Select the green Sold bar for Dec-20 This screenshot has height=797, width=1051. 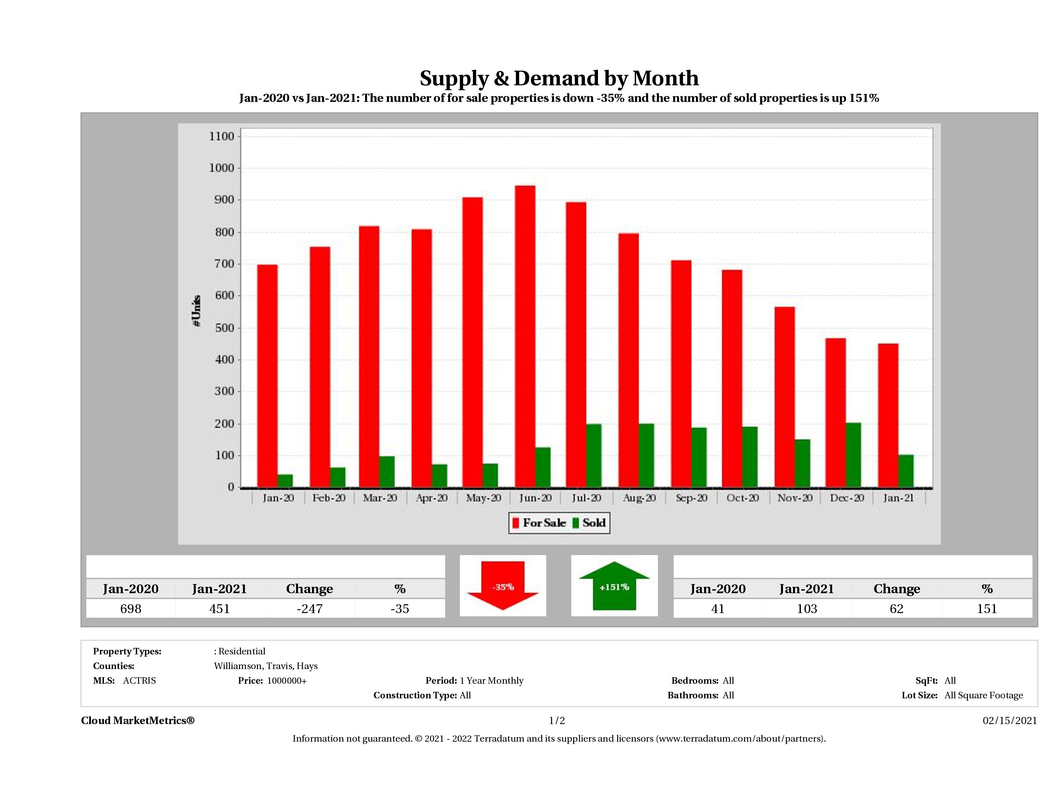click(x=853, y=455)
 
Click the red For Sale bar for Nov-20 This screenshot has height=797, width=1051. click(x=785, y=397)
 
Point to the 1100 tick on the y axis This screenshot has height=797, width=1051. click(x=221, y=137)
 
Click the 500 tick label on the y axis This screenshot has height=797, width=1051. click(x=221, y=328)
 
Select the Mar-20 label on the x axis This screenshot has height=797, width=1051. click(x=380, y=498)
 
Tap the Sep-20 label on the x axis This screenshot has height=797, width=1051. click(x=691, y=498)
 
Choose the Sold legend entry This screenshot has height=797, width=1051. click(x=589, y=523)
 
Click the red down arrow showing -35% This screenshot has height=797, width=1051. click(x=503, y=586)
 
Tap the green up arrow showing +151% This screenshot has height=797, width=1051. click(x=614, y=586)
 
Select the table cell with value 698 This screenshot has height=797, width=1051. click(x=131, y=608)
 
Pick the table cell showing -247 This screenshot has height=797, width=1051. click(x=309, y=608)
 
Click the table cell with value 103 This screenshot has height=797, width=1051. click(x=807, y=608)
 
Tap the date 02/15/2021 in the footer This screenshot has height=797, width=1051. click(x=1010, y=720)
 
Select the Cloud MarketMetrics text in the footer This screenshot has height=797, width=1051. click(x=138, y=720)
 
